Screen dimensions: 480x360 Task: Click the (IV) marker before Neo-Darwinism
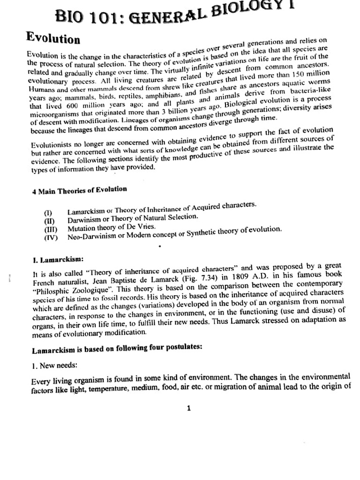[51, 237]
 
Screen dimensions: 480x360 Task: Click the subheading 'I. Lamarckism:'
[55, 259]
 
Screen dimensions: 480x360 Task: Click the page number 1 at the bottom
[188, 408]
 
